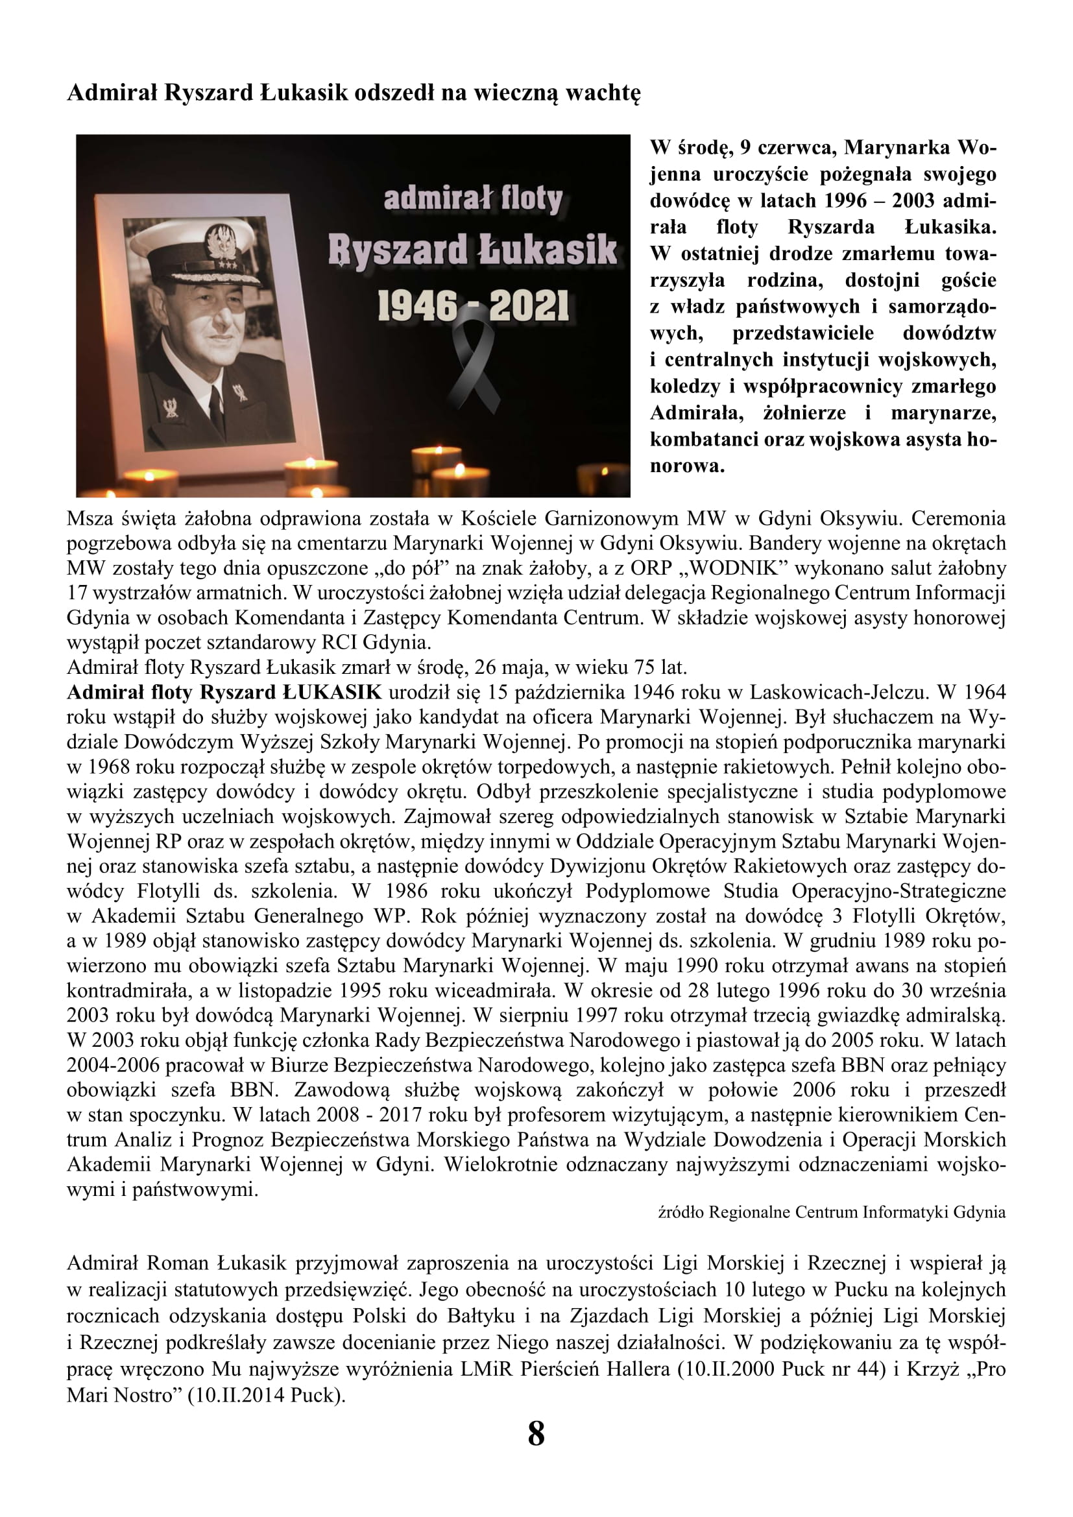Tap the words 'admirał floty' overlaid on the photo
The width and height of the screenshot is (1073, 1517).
click(x=473, y=199)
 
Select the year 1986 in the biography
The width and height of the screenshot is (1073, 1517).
click(x=409, y=891)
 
